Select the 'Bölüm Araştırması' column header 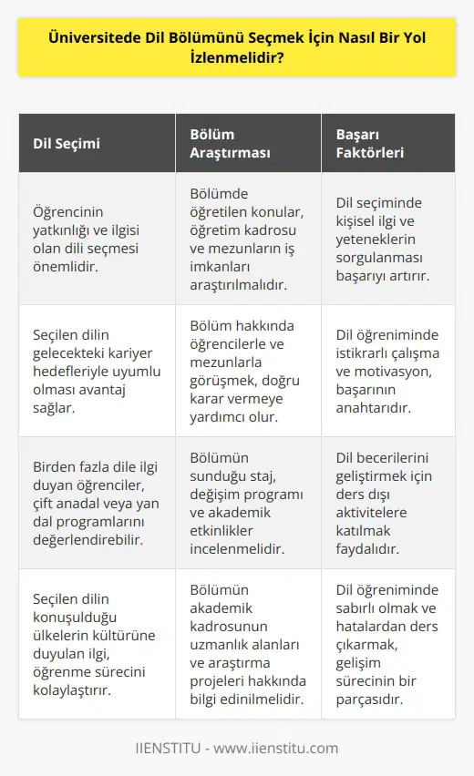point(228,143)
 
